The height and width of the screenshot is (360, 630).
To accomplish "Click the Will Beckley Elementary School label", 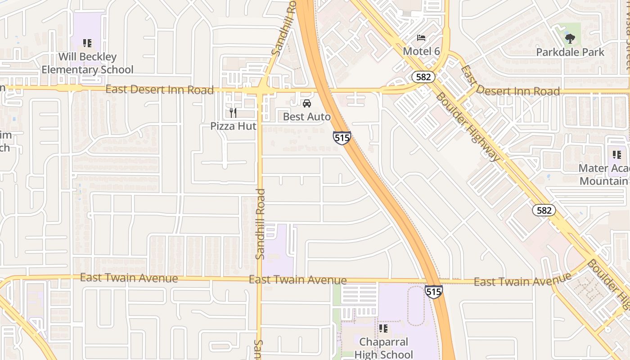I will point(88,63).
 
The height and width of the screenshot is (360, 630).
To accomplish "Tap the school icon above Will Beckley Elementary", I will point(87,43).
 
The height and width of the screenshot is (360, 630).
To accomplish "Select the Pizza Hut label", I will point(233,126).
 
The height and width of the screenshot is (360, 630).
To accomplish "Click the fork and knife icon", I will point(233,112).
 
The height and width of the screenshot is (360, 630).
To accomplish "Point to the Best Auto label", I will point(306,117).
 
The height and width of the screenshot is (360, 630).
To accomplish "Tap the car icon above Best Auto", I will point(307,103).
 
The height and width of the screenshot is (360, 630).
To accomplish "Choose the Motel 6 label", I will point(421,51).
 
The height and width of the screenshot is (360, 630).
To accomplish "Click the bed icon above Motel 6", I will point(421,37).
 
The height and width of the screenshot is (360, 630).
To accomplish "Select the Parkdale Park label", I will point(570,52).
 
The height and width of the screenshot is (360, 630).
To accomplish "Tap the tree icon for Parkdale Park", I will point(570,39).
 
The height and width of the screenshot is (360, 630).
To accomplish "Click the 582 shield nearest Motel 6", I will point(423,77).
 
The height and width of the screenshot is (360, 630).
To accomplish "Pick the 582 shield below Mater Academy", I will point(544,210).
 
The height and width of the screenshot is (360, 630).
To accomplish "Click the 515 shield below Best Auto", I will point(342,138).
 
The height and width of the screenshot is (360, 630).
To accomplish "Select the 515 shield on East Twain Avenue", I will point(433,292).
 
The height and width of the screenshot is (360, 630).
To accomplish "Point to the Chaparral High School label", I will point(383,348).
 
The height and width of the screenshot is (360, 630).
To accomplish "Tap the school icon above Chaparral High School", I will point(383,329).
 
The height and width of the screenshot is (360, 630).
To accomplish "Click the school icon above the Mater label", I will point(617,155).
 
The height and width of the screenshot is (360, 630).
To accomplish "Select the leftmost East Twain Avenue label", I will point(129,278).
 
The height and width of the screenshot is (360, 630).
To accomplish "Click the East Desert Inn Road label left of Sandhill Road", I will point(159,90).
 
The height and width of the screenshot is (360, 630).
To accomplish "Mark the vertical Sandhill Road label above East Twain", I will point(260,224).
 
